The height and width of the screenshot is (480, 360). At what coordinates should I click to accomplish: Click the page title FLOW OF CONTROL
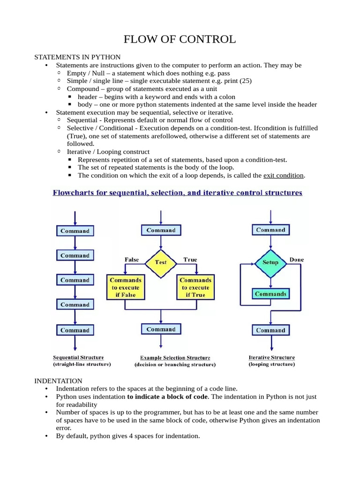pos(180,39)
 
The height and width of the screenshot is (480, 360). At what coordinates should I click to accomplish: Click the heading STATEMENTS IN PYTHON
pos(77,57)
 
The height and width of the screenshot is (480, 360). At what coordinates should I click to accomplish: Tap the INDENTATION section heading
pos(58,381)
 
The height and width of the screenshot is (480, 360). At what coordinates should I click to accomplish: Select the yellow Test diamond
pos(161,262)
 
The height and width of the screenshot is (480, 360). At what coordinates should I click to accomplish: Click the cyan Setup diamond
pos(270,262)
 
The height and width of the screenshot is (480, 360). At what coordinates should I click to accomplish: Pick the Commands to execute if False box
pos(126,287)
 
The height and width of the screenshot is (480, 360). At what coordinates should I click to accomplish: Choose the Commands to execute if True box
pos(195,287)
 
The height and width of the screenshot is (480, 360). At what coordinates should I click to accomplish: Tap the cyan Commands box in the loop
pos(270,294)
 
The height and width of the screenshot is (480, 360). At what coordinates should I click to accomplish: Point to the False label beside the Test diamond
pos(132,259)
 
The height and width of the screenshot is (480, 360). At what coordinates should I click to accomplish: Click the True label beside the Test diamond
pos(190,259)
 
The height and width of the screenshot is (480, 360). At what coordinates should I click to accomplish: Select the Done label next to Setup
pos(297,259)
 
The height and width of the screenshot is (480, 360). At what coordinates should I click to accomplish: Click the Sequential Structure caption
pos(78,357)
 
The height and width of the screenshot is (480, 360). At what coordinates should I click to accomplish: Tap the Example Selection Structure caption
pos(175,358)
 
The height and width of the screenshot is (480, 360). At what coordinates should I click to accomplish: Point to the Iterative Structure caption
pos(272,357)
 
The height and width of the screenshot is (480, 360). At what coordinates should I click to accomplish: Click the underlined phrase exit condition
pos(284,175)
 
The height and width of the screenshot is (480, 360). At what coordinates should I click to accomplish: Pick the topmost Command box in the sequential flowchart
pos(75,231)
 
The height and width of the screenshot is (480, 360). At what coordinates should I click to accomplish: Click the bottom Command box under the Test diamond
pos(161,330)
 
